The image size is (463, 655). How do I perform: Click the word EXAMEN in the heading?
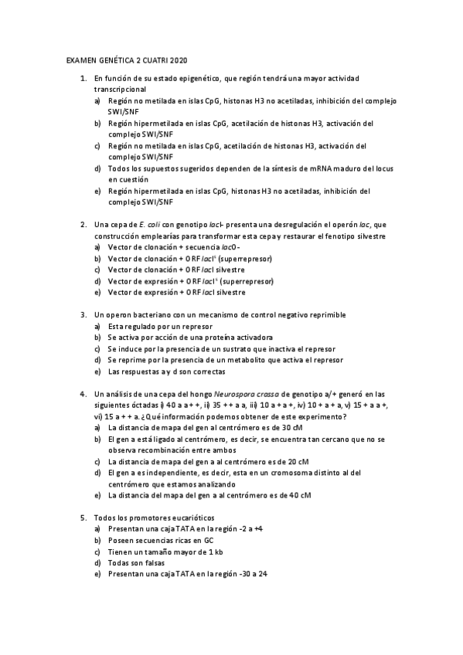[x=78, y=60]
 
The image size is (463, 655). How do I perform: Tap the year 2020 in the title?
[x=177, y=60]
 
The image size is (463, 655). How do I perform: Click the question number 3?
[x=83, y=314]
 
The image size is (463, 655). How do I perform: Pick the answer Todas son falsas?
[x=136, y=563]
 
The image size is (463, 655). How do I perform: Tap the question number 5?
[x=83, y=518]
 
